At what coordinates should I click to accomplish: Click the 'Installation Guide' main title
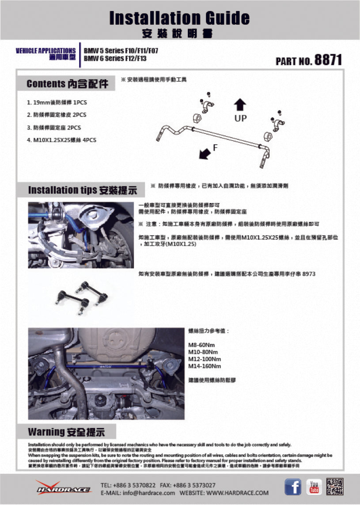(x=179, y=18)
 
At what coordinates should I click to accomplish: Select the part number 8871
(x=328, y=60)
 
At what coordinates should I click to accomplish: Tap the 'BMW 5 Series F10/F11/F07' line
(x=121, y=51)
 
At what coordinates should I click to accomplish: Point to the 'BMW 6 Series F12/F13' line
(x=115, y=58)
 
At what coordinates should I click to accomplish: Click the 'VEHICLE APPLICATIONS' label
(x=45, y=51)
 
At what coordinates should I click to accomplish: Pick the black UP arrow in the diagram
(x=240, y=105)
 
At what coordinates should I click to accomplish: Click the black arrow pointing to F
(x=204, y=153)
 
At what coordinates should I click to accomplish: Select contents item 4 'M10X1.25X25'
(x=61, y=140)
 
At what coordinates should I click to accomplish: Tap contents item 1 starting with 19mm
(x=57, y=102)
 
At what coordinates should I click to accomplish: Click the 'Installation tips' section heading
(x=83, y=190)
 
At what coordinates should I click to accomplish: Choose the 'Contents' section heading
(x=67, y=84)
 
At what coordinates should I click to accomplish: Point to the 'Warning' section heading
(x=66, y=431)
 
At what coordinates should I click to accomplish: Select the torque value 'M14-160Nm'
(x=205, y=366)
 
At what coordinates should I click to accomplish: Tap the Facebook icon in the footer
(x=292, y=487)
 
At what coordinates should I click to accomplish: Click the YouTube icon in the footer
(x=314, y=487)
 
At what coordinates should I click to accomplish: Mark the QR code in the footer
(x=334, y=486)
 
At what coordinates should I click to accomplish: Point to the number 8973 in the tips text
(x=309, y=274)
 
